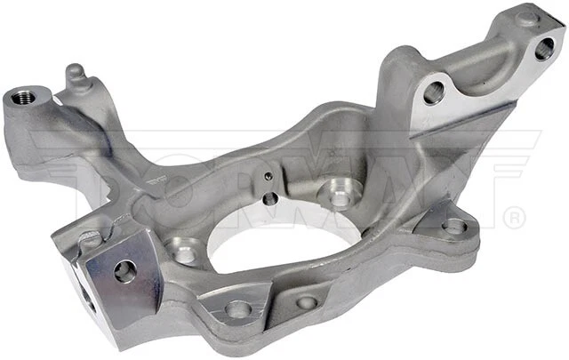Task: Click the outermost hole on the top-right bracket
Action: tap(544, 48)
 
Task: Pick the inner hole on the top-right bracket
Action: tap(434, 92)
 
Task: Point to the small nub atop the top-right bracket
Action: tap(528, 16)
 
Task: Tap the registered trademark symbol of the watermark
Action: tap(513, 216)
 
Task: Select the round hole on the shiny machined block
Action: tap(125, 271)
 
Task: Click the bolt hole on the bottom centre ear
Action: tap(237, 308)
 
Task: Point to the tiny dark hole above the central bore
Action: tap(269, 199)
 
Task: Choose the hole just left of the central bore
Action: tap(185, 253)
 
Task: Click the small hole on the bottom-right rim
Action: tap(307, 303)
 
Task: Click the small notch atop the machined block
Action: tap(91, 237)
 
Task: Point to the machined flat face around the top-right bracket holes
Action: tap(489, 71)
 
